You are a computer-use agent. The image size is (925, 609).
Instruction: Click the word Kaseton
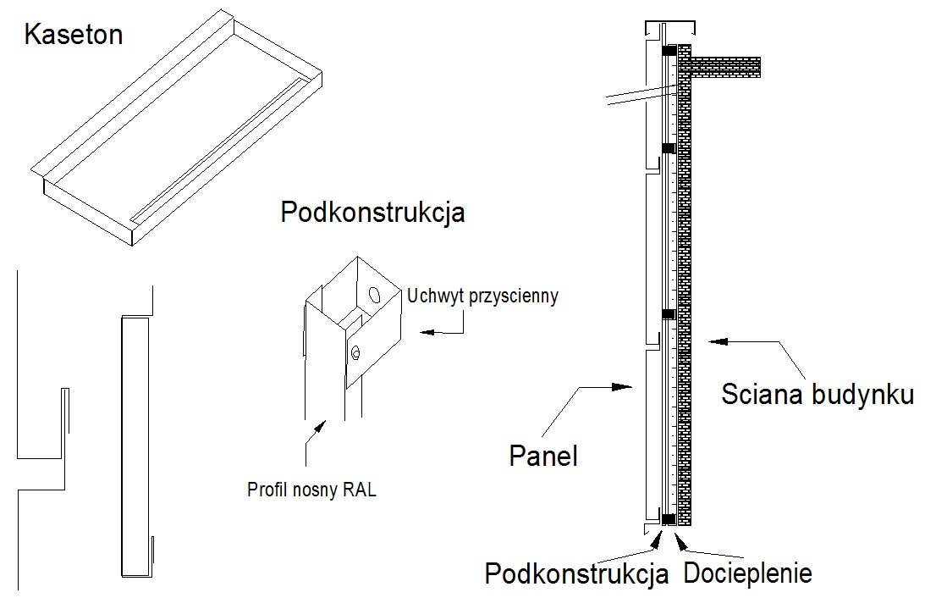click(x=74, y=35)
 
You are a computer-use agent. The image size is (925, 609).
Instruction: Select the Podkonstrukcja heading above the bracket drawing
click(x=372, y=212)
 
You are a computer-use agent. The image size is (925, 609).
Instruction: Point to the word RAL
click(x=358, y=489)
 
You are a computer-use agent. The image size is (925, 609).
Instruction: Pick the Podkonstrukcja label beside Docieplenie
click(x=576, y=573)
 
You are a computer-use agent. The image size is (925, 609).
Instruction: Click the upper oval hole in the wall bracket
click(x=373, y=297)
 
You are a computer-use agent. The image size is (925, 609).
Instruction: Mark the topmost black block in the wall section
click(x=669, y=52)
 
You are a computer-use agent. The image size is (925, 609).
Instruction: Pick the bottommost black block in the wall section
click(x=669, y=518)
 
